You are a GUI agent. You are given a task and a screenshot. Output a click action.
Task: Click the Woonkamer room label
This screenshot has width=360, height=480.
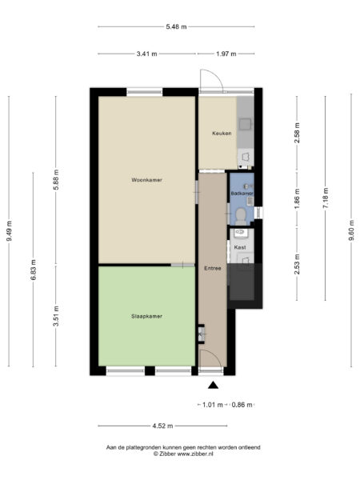click(146, 180)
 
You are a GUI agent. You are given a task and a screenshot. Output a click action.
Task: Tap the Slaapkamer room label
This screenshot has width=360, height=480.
click(146, 316)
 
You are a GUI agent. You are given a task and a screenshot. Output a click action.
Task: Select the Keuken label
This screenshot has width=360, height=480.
click(222, 133)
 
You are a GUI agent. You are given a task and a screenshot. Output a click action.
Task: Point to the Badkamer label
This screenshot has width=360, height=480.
click(242, 194)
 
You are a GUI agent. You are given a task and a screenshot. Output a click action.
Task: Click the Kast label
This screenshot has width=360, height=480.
click(240, 248)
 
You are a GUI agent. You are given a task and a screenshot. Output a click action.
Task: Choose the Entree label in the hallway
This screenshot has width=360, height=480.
click(212, 267)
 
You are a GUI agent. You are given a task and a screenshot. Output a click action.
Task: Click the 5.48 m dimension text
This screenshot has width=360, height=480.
click(176, 26)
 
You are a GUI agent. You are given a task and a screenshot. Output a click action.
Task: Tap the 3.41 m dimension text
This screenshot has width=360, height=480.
click(147, 54)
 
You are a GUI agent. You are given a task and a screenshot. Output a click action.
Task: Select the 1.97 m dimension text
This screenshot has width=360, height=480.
click(227, 54)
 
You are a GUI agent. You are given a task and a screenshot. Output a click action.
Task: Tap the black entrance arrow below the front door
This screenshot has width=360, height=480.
click(212, 386)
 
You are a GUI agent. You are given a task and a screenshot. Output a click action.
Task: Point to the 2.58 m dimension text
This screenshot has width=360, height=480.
click(297, 132)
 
